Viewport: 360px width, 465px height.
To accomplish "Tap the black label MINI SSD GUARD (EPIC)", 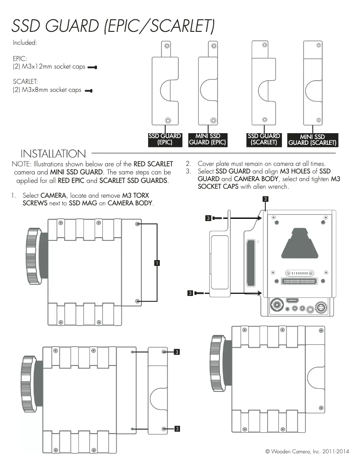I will tap(207, 139).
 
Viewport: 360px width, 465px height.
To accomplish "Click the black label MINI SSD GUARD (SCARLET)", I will tap(312, 140).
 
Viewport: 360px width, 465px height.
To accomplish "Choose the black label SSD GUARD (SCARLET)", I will tap(264, 139).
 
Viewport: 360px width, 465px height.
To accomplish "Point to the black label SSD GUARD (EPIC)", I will tap(165, 139).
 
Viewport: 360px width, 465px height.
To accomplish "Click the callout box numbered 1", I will tap(157, 263).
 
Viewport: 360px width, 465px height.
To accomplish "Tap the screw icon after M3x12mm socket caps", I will tap(92, 67).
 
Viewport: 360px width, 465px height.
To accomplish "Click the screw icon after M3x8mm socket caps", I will tap(88, 91).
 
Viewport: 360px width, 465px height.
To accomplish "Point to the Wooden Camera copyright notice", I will tap(307, 451).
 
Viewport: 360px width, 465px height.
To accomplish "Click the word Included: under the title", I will tap(25, 43).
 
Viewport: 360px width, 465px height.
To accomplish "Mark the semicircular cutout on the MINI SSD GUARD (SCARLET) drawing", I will tap(312, 90).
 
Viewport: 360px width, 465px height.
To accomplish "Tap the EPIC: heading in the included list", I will tap(20, 58).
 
